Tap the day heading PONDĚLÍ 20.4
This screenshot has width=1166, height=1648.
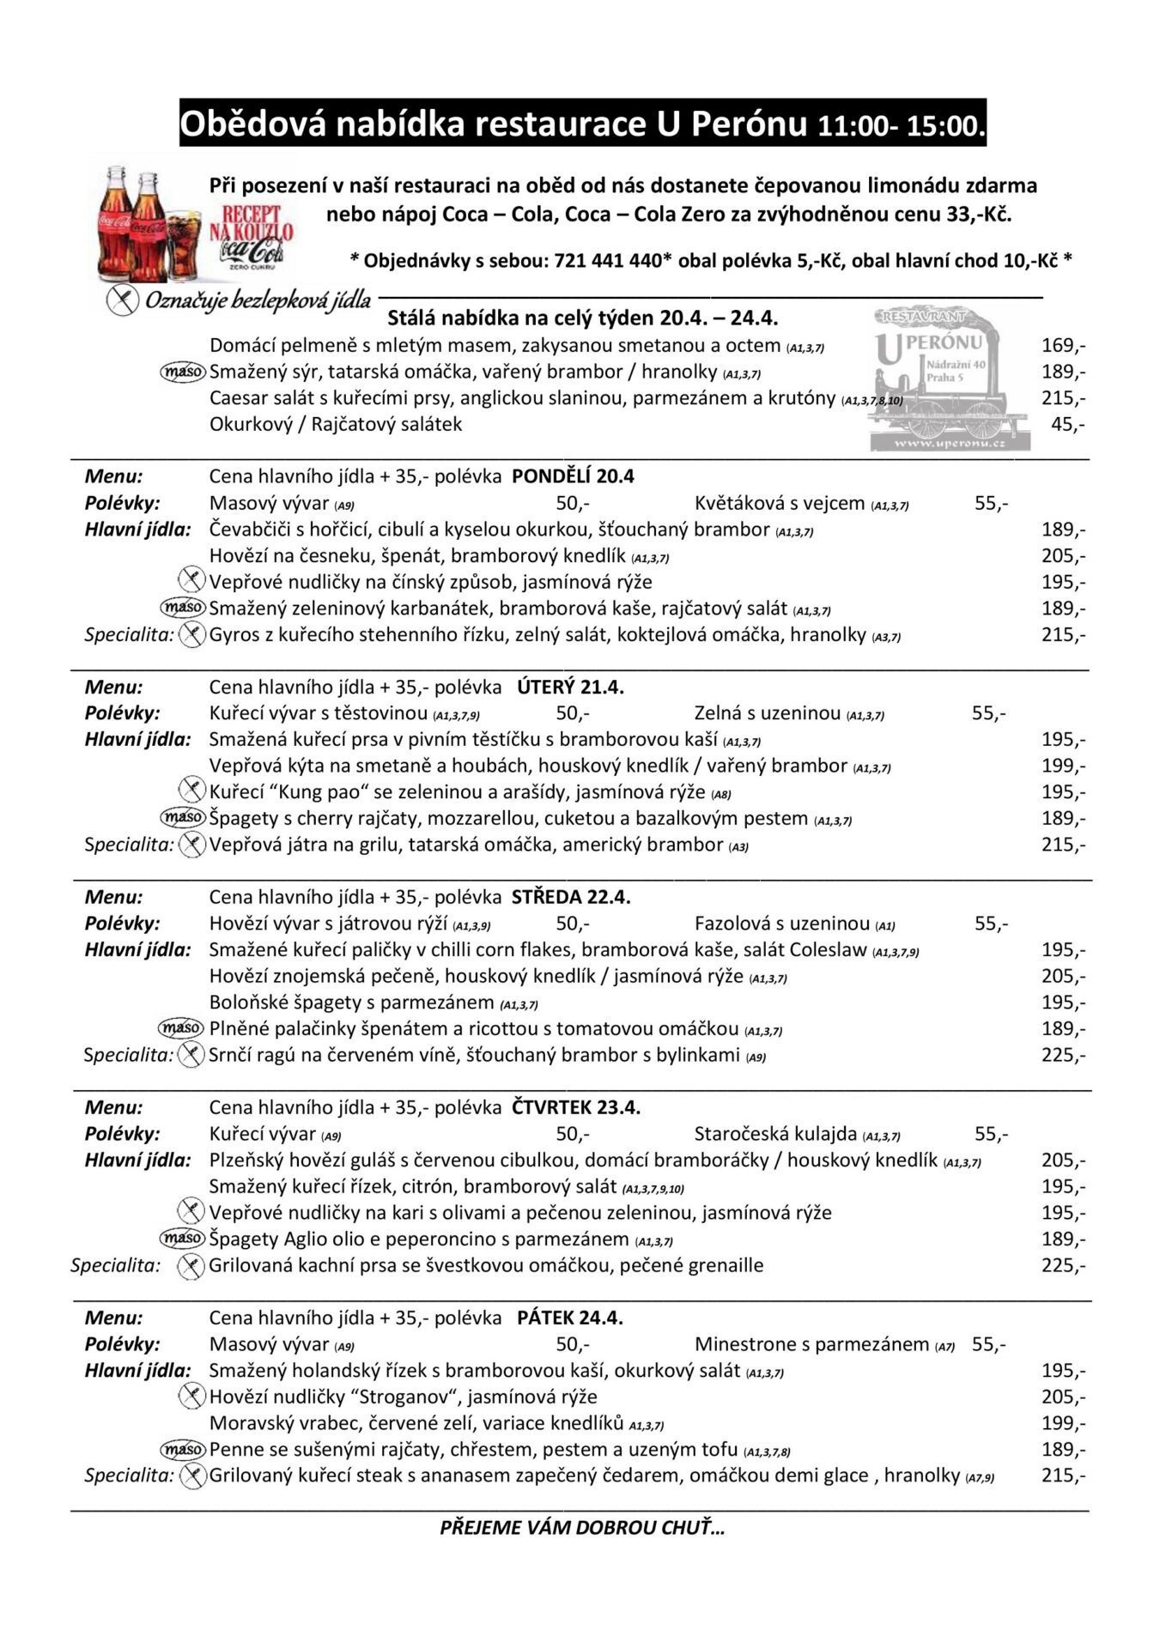tap(573, 476)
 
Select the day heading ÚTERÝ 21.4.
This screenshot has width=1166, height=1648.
tap(570, 687)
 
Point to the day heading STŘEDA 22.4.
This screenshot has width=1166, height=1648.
tap(571, 897)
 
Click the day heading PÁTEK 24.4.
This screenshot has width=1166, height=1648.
tap(570, 1318)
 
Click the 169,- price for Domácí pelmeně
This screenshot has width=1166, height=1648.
tap(1063, 346)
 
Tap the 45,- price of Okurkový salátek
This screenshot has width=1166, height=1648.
tap(1068, 424)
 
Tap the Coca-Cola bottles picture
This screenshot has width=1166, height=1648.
tap(146, 219)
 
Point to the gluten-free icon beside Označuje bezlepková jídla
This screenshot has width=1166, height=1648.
tap(123, 300)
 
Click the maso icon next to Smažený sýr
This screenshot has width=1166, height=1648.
tap(183, 372)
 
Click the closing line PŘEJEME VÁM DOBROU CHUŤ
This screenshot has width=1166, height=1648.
tap(582, 1527)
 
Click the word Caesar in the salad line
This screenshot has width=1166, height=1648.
tap(240, 398)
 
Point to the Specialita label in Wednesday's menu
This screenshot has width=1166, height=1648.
tap(129, 1055)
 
